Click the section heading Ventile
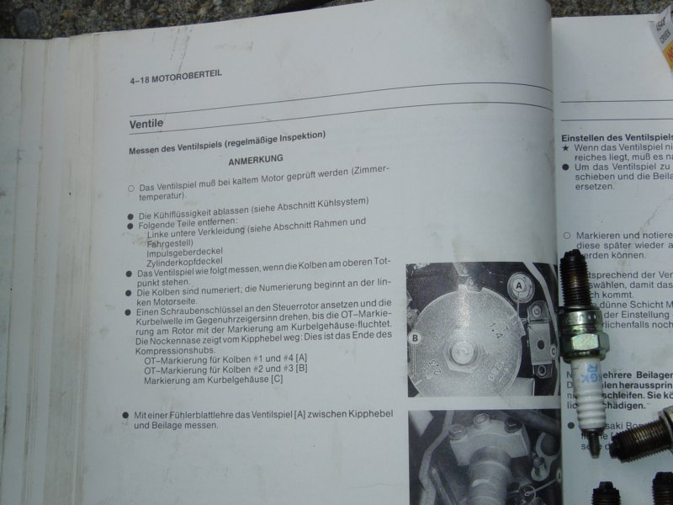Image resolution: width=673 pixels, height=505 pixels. click(146, 124)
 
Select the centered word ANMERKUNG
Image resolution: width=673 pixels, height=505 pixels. click(256, 159)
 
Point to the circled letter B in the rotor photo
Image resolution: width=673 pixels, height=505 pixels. click(415, 339)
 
